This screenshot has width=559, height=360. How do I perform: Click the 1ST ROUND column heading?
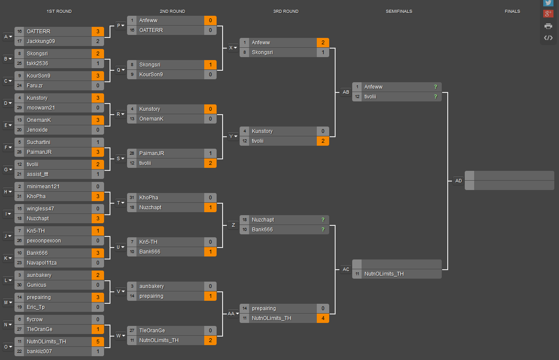point(59,11)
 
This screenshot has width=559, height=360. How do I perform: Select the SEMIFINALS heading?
point(399,11)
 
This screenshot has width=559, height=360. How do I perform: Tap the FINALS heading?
point(513,11)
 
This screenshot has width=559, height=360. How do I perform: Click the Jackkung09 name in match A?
point(41,41)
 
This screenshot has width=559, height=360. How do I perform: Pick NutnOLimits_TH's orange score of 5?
point(98,342)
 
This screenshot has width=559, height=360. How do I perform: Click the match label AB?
point(346,92)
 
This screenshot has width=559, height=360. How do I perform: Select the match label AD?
point(458,181)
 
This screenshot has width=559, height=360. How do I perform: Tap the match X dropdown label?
point(233,48)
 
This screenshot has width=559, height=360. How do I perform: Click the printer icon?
point(548,26)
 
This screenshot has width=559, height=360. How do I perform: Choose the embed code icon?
point(548,38)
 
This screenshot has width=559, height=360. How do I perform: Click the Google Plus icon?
point(548,14)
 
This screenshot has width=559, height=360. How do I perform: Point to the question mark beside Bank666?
point(323,229)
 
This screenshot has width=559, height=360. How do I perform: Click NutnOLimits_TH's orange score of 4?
point(323,318)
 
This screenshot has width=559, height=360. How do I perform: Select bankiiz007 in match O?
point(39,351)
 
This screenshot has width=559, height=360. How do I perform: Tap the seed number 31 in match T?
point(132,197)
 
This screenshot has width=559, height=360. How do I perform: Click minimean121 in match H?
point(43,187)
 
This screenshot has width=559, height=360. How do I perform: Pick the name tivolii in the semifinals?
point(370,96)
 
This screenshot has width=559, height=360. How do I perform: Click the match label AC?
point(346,269)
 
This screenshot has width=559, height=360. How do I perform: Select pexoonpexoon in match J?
point(43,241)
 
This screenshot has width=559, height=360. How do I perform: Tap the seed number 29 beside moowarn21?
point(20,108)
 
